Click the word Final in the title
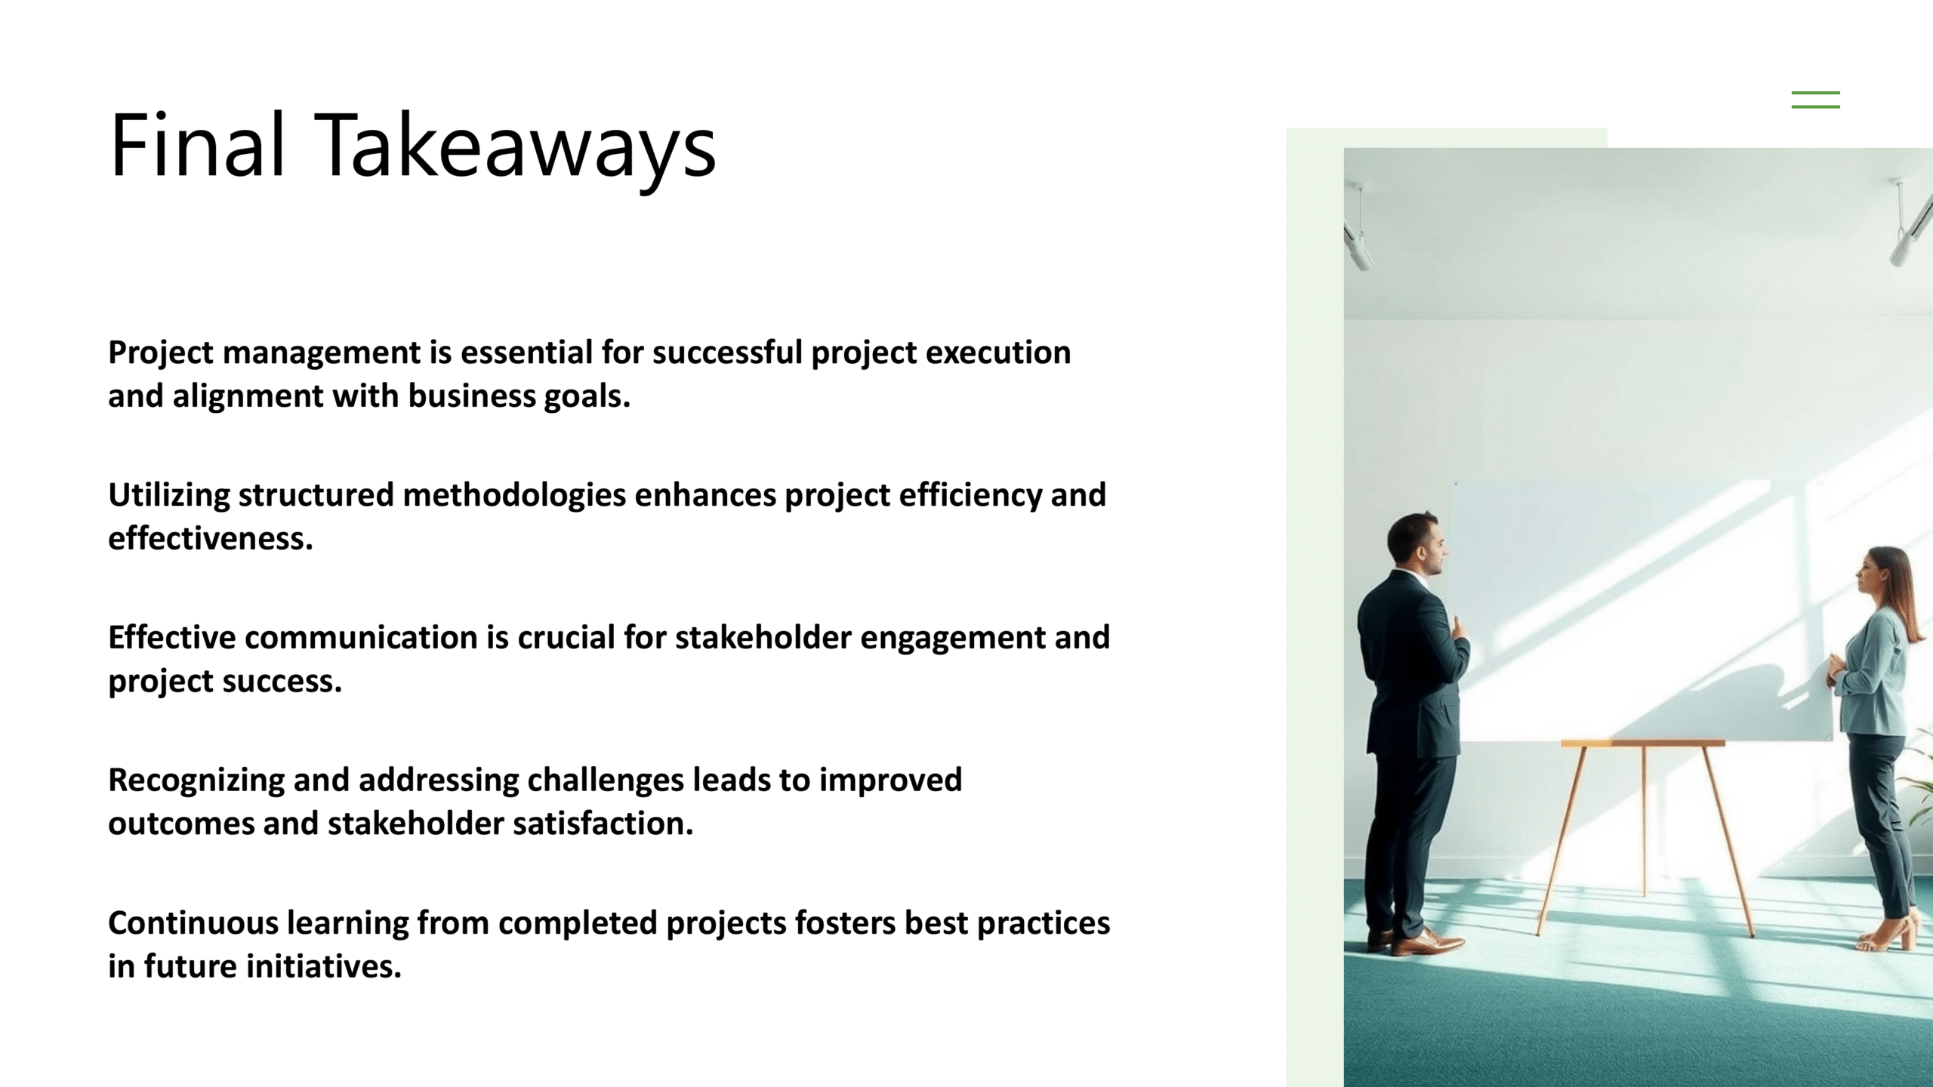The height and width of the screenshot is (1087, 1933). (198, 144)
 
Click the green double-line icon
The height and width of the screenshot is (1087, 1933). (1815, 100)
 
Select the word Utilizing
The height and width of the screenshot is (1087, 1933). (169, 496)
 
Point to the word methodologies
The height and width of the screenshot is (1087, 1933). (514, 496)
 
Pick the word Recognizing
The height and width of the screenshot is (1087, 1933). (196, 781)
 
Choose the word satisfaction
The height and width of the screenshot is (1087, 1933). (603, 823)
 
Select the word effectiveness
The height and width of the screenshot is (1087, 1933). (210, 538)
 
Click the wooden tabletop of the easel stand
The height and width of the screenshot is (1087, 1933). (1642, 744)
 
